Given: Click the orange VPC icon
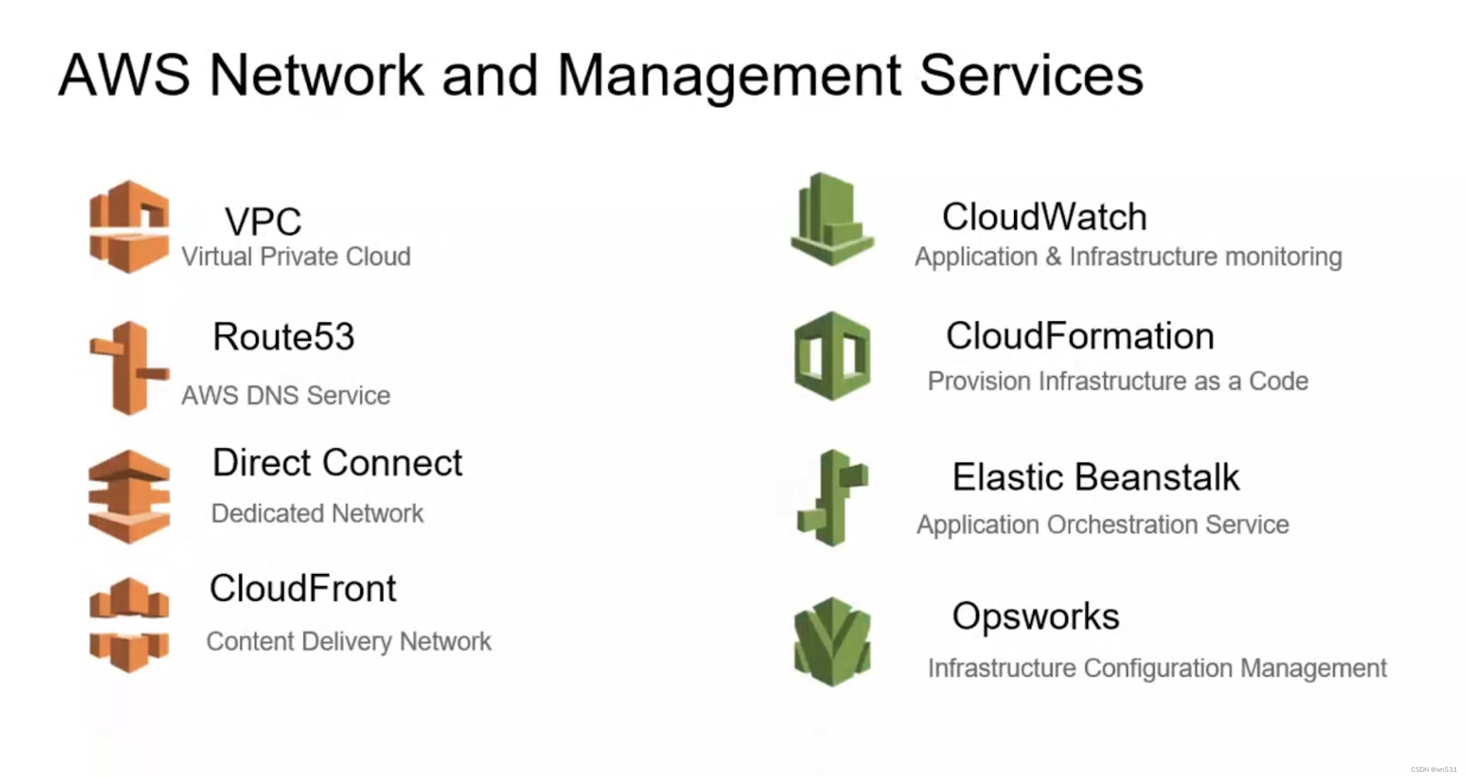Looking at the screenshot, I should [x=129, y=226].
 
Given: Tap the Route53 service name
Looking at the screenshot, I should [x=284, y=337].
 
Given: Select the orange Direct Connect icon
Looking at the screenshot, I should [x=129, y=496].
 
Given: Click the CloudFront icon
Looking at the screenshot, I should [x=129, y=625].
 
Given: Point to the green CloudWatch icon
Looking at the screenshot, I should [x=832, y=219].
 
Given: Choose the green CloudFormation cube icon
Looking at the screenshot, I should [x=832, y=356].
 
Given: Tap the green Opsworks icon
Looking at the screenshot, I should [x=832, y=641].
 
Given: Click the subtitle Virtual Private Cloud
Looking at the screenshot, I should [x=296, y=257].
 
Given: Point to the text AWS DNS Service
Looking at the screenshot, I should [x=285, y=396].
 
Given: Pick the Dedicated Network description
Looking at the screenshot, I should [x=317, y=514].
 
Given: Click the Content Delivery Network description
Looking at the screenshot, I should [x=348, y=642].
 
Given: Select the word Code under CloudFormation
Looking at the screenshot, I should [x=1278, y=381].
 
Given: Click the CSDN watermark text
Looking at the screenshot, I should [x=1434, y=769].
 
